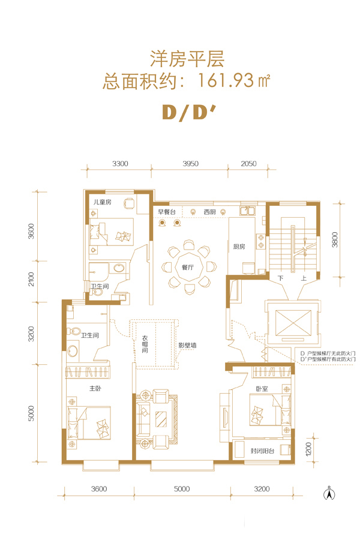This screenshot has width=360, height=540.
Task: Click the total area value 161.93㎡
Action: coord(234,81)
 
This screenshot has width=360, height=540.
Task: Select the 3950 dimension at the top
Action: coord(191,164)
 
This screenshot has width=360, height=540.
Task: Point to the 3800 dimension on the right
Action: coord(335,239)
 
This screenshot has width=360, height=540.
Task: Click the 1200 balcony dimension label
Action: coord(308,449)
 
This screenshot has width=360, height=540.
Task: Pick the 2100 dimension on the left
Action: coord(31,279)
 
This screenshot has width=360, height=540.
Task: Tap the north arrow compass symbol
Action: coord(329,493)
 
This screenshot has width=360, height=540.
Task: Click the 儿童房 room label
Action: coord(103,202)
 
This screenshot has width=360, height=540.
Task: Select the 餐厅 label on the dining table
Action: coord(187,267)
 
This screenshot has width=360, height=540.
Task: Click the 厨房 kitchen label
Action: coord(239,246)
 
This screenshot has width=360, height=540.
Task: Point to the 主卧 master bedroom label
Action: coord(95,388)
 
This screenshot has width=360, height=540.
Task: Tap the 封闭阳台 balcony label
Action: coord(262,451)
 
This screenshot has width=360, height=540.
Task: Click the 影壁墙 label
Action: coord(187,345)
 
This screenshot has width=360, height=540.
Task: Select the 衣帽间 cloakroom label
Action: coord(145,344)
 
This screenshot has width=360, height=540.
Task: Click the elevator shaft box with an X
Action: coord(293,323)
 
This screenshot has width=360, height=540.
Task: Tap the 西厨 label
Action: coord(209,212)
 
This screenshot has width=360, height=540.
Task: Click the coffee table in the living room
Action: coord(161,419)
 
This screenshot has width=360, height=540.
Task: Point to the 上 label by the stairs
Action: coord(304,278)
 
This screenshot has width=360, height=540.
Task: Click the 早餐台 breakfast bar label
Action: coord(167,212)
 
